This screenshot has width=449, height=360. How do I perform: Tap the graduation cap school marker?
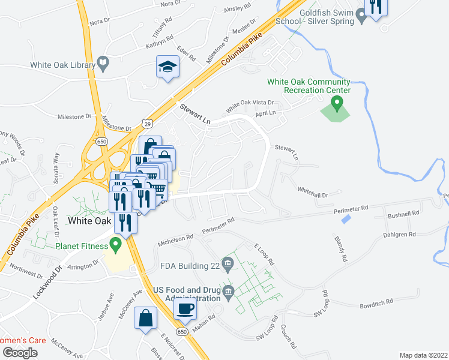coord(167,67)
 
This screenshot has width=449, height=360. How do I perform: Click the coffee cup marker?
coord(185,309)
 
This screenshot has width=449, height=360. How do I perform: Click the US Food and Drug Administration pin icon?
coord(228,293)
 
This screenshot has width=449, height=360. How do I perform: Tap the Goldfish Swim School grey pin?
coord(361,16)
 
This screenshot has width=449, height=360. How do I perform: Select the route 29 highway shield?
coord(148,124)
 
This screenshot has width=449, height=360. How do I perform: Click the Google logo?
coord(20,353)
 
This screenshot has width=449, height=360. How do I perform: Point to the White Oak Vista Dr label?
coord(249,106)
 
